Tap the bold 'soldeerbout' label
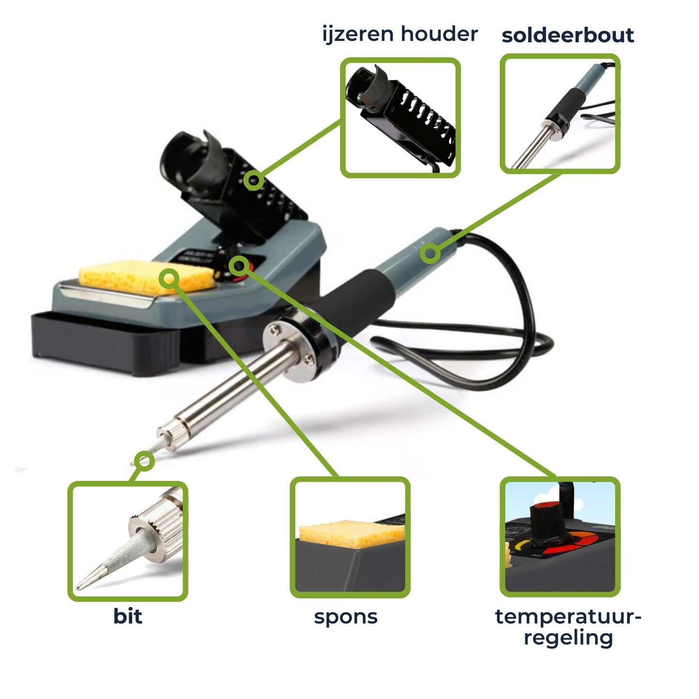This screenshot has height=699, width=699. [x=568, y=36]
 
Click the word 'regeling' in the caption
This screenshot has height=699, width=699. [x=568, y=639]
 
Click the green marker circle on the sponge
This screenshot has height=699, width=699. [x=169, y=279]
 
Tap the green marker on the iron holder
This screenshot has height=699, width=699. [x=253, y=180]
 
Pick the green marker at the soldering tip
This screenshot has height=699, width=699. [x=144, y=461]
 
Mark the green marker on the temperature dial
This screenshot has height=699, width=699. [x=238, y=266]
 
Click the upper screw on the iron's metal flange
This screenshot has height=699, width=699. [x=275, y=329]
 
